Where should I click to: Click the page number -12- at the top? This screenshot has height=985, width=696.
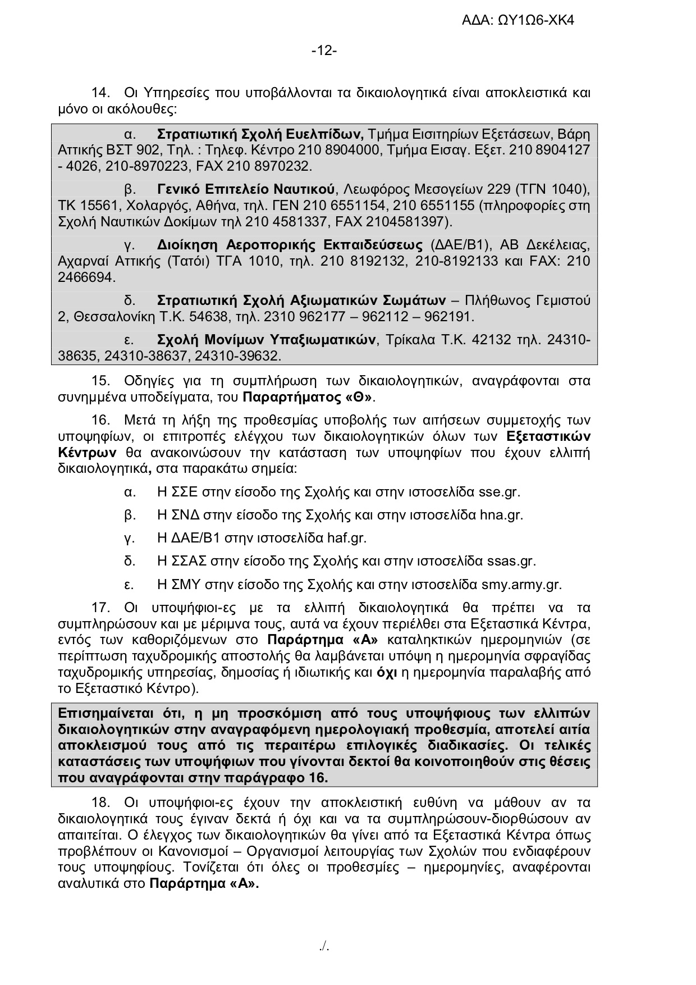pos(324,51)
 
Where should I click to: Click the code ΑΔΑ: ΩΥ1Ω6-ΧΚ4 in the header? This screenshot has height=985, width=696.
pos(518,21)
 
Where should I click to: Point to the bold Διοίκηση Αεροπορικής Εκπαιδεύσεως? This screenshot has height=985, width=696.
pos(290,245)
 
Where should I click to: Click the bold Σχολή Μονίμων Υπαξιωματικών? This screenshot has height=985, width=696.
pos(267,340)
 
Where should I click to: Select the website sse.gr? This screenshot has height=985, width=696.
pos(499,492)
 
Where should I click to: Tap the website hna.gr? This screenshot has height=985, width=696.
pos(501,516)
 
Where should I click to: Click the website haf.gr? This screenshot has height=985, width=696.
pos(346,539)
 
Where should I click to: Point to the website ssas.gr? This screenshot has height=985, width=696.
pos(511,562)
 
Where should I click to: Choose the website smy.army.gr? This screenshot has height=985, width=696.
pos(521,585)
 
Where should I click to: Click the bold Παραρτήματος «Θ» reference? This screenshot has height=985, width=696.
pos(308,398)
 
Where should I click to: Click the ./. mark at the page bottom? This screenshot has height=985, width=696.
pos(324,947)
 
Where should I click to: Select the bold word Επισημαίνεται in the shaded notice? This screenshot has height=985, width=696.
pos(106,714)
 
